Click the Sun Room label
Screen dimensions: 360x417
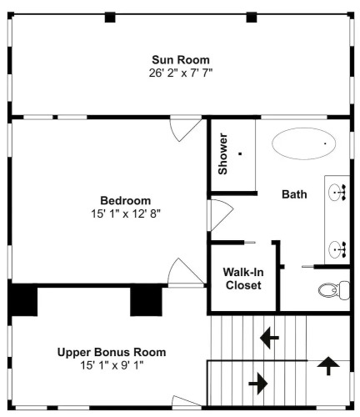(181, 60)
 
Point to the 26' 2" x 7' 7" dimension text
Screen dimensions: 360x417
(181, 73)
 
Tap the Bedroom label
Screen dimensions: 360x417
(126, 200)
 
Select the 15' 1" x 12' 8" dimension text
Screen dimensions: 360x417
(126, 214)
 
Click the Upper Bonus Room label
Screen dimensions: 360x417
(112, 352)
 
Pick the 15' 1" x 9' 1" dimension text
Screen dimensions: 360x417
(112, 365)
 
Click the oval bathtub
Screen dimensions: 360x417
(303, 143)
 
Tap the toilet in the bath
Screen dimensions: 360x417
(334, 290)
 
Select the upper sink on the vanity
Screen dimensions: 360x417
(337, 192)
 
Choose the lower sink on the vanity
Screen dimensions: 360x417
(337, 249)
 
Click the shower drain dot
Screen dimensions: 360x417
(240, 153)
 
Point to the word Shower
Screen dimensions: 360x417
(222, 153)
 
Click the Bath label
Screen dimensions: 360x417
(294, 194)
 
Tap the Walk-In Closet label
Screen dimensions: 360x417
(243, 279)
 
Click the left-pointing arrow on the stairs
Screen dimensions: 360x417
(269, 338)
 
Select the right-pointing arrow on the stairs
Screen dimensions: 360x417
(258, 384)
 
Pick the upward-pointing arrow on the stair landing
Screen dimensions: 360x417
(328, 366)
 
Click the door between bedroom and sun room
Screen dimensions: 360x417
(186, 128)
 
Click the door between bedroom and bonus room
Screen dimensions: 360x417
(186, 273)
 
